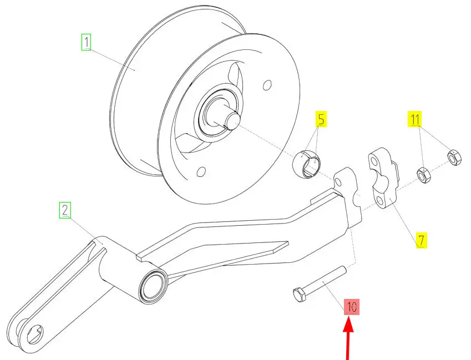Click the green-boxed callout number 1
86,42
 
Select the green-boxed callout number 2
65,210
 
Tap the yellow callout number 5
321,119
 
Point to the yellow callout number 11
414,119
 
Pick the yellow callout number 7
421,240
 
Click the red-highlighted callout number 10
352,307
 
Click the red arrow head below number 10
348,325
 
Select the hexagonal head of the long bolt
299,295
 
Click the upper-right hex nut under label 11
454,158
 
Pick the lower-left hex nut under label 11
423,175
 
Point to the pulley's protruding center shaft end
232,120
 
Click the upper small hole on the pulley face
267,85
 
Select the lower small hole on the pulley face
201,172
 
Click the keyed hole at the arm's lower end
35,334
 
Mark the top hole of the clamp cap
374,162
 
